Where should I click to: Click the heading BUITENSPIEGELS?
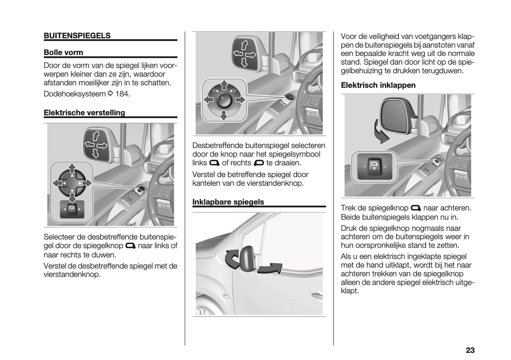(77, 36)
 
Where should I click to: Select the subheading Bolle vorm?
(63, 53)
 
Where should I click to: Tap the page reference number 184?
(123, 94)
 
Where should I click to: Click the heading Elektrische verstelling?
(84, 113)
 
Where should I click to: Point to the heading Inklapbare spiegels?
(228, 202)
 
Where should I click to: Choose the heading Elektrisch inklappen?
(378, 85)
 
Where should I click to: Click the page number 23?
(470, 350)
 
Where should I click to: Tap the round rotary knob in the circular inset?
(223, 100)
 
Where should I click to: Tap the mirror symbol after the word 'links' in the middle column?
(214, 163)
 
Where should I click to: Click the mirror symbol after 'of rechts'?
(259, 163)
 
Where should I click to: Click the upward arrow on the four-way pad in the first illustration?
(72, 168)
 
